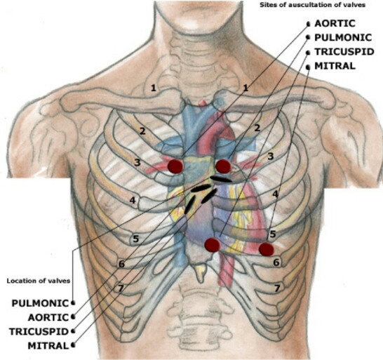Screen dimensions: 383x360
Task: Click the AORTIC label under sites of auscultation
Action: (x=335, y=23)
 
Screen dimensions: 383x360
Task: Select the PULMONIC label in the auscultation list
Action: (x=343, y=38)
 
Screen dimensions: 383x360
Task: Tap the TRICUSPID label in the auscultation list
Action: (x=344, y=52)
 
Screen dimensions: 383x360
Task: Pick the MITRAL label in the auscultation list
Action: (x=335, y=66)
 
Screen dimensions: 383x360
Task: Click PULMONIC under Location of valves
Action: (x=40, y=303)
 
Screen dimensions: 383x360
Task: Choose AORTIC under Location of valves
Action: (x=48, y=317)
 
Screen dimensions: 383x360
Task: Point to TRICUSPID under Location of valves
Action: (x=39, y=332)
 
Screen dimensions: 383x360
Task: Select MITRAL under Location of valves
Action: (x=48, y=346)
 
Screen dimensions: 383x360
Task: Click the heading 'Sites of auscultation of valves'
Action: (x=312, y=5)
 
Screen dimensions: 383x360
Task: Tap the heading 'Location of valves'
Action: (x=39, y=281)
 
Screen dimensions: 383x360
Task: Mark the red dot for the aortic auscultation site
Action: (x=175, y=166)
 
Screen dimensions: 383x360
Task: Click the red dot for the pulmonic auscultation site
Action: (x=223, y=166)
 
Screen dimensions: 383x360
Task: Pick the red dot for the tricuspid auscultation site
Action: (x=213, y=245)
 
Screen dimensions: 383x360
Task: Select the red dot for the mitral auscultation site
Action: (x=267, y=249)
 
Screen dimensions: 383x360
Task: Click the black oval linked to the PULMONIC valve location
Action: (x=221, y=180)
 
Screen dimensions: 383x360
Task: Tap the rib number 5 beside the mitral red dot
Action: (x=273, y=234)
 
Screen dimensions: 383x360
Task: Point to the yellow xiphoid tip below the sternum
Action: (x=201, y=274)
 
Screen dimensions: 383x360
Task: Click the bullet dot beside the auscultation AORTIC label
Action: (x=309, y=24)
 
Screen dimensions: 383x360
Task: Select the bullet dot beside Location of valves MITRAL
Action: (x=73, y=345)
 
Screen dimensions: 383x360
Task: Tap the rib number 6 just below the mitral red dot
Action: (x=276, y=262)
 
